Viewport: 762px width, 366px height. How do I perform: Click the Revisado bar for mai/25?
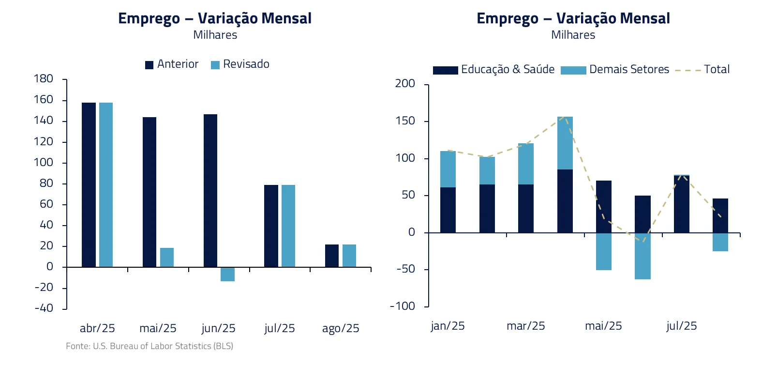pos(167,257)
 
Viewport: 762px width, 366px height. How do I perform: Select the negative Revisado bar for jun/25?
pos(227,274)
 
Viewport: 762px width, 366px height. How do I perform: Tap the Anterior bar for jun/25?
pos(210,190)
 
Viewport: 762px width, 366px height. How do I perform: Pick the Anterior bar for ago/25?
pos(332,256)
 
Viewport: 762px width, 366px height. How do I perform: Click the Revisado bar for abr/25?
pos(106,184)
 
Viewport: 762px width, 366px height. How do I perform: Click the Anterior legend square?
pos(149,65)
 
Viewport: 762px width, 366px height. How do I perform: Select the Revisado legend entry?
pos(240,64)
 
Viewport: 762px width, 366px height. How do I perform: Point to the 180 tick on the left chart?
pos(44,79)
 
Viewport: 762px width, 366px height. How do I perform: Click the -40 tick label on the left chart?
pos(44,308)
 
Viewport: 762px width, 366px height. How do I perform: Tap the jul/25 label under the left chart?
pos(280,328)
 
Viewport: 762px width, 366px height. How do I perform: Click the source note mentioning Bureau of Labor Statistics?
pos(149,346)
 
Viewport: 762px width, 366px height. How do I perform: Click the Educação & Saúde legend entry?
pos(494,70)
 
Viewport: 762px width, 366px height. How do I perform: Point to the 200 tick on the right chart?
pos(405,84)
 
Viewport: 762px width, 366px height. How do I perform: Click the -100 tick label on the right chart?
pos(403,306)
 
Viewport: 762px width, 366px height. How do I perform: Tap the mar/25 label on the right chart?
pos(526,326)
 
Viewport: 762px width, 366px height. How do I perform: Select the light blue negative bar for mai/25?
pos(604,251)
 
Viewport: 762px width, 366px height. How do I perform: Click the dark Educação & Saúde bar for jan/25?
pos(448,210)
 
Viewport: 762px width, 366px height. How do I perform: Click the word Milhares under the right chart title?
pos(573,35)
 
